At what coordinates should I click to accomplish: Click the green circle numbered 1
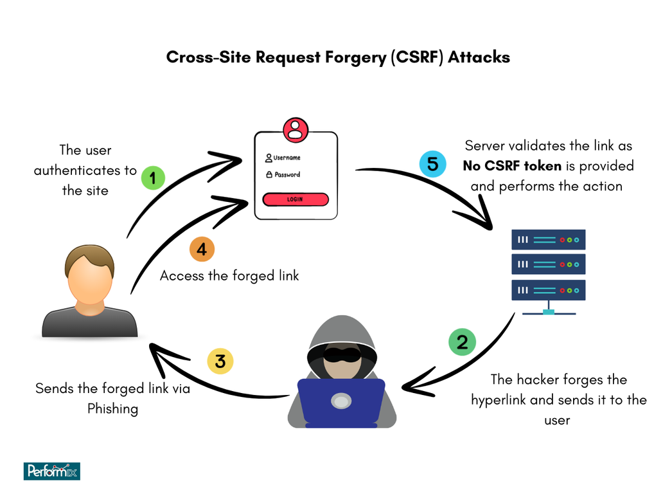(152, 178)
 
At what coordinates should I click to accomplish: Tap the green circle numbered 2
(462, 342)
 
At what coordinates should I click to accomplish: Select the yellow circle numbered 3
(220, 361)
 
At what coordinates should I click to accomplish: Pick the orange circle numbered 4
(202, 249)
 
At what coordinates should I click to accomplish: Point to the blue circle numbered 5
(432, 164)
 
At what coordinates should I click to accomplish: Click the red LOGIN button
(296, 199)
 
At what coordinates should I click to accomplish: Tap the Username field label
(287, 158)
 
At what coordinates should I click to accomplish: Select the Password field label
(287, 174)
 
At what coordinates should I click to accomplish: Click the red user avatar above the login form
(295, 129)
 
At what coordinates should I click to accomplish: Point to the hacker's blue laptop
(341, 403)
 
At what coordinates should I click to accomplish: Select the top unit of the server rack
(548, 240)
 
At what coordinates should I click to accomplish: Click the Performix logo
(51, 471)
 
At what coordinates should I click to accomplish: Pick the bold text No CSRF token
(512, 166)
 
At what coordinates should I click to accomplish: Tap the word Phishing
(113, 408)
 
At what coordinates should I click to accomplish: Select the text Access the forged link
(229, 275)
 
